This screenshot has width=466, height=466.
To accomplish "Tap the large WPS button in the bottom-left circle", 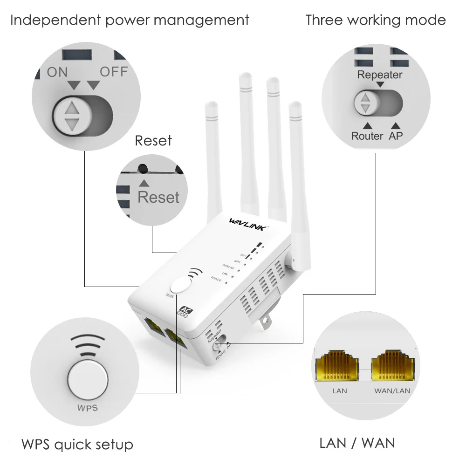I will [x=88, y=379].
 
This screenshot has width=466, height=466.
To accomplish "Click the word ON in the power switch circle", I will [x=57, y=72].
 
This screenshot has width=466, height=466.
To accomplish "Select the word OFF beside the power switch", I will [x=114, y=72].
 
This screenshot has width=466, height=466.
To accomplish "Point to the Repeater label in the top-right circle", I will [x=379, y=75].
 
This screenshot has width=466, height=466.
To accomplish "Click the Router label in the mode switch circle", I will [x=367, y=136].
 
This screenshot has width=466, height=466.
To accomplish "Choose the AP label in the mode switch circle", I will [x=396, y=136].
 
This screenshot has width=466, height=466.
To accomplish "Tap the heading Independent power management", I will [x=130, y=21].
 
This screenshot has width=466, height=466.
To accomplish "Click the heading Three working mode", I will [x=375, y=21].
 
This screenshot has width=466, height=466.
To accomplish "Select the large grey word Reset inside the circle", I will [x=158, y=197].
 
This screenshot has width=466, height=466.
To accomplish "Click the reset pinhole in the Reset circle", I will [x=144, y=169].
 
